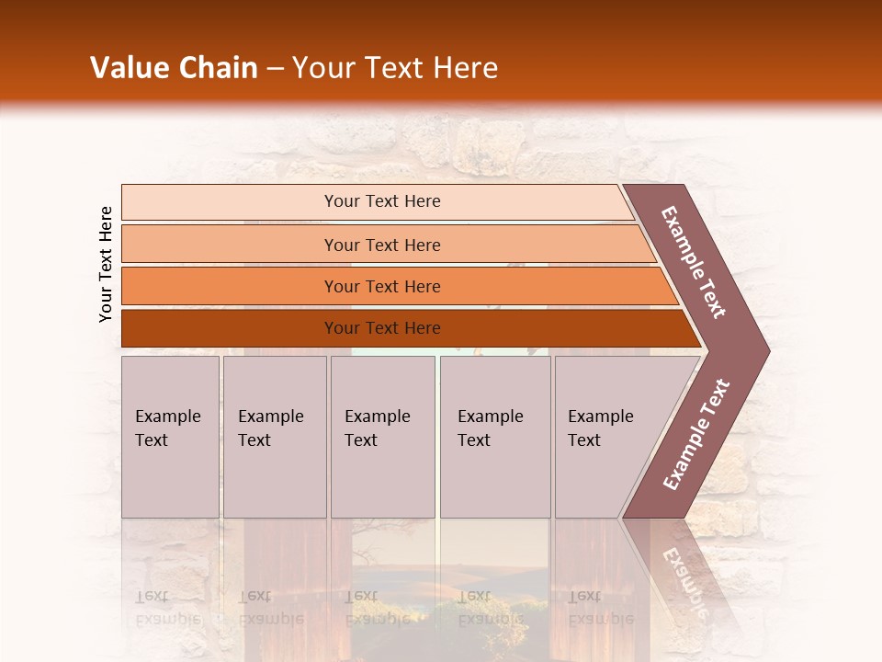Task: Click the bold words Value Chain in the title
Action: pyautogui.click(x=174, y=68)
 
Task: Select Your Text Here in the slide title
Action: pyautogui.click(x=395, y=68)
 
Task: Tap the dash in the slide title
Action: pyautogui.click(x=275, y=69)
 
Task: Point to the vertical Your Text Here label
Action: pyautogui.click(x=106, y=264)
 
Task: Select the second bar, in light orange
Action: pyautogui.click(x=381, y=245)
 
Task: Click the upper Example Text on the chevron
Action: pyautogui.click(x=694, y=262)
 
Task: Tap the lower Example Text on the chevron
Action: pyautogui.click(x=695, y=434)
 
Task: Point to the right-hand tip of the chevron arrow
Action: pyautogui.click(x=768, y=350)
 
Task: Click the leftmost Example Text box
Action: pyautogui.click(x=170, y=437)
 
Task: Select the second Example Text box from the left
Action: pyautogui.click(x=275, y=437)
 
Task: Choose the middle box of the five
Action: pyautogui.click(x=382, y=437)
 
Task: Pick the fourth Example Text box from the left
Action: pyautogui.click(x=495, y=437)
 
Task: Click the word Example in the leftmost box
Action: pyautogui.click(x=167, y=417)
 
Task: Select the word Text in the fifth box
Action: pyautogui.click(x=583, y=440)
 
